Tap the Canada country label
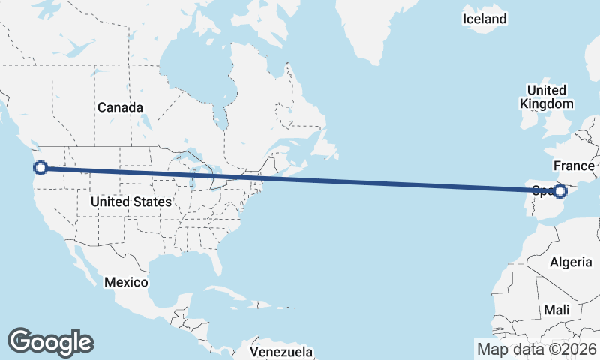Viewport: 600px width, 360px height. pyautogui.click(x=120, y=108)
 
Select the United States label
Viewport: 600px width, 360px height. pyautogui.click(x=130, y=202)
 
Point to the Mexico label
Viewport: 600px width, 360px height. pyautogui.click(x=126, y=283)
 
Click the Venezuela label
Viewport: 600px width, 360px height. pyautogui.click(x=280, y=351)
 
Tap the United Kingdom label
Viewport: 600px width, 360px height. pyautogui.click(x=547, y=97)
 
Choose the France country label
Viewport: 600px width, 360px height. pyautogui.click(x=574, y=166)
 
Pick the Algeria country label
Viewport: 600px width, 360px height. pyautogui.click(x=571, y=262)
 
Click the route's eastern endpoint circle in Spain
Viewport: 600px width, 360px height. pyautogui.click(x=559, y=191)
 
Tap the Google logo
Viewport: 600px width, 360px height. pyautogui.click(x=51, y=341)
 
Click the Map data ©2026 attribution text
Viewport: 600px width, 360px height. pyautogui.click(x=537, y=349)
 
